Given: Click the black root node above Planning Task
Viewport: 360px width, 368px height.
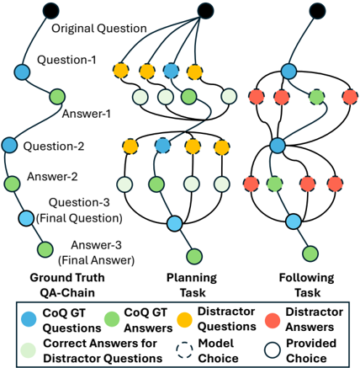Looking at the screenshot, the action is (205, 11).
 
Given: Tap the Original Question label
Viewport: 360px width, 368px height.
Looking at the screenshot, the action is (99, 29).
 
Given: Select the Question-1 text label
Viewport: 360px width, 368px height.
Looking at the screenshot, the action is (66, 60).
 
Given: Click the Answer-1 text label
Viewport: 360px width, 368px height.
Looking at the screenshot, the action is (87, 114).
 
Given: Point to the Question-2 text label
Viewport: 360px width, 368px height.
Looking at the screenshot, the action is (54, 147).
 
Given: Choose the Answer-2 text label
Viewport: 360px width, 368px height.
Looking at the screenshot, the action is (52, 177).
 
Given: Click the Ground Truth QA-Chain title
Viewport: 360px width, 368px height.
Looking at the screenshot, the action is (67, 285).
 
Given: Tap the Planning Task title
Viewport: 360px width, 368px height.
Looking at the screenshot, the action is (192, 285).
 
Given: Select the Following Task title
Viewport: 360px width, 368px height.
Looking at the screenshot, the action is (307, 285).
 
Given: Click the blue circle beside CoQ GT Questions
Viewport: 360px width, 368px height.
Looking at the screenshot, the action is (29, 319).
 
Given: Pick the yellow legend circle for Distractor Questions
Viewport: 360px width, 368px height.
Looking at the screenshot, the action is (184, 320).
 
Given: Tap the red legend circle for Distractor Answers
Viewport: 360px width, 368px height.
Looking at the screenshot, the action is (273, 320).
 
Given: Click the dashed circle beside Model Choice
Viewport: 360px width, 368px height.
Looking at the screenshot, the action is (184, 350).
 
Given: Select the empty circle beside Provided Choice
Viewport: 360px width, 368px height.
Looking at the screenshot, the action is (273, 350).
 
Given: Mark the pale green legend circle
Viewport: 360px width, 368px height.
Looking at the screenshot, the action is (29, 350).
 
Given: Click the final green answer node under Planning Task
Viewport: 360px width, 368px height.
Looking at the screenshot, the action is (194, 256).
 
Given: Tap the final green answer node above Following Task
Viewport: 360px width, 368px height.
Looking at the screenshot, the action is (310, 253).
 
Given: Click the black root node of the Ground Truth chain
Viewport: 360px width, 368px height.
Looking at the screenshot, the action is (51, 10).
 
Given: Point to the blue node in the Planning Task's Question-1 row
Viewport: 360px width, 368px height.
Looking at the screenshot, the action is (171, 71).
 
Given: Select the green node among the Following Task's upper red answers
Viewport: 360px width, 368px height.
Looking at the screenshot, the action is (317, 97).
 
